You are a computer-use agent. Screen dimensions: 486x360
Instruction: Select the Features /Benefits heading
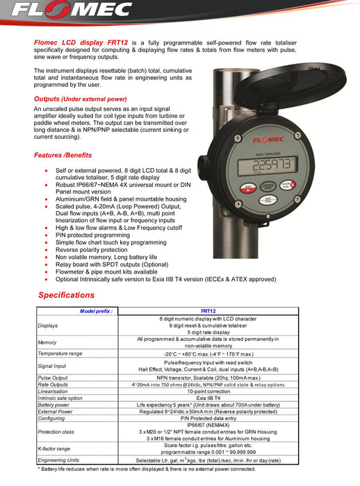[x=63, y=155]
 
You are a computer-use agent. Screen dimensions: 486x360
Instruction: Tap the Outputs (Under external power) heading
[x=81, y=99]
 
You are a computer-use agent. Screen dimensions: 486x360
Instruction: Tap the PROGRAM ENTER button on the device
[x=268, y=187]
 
